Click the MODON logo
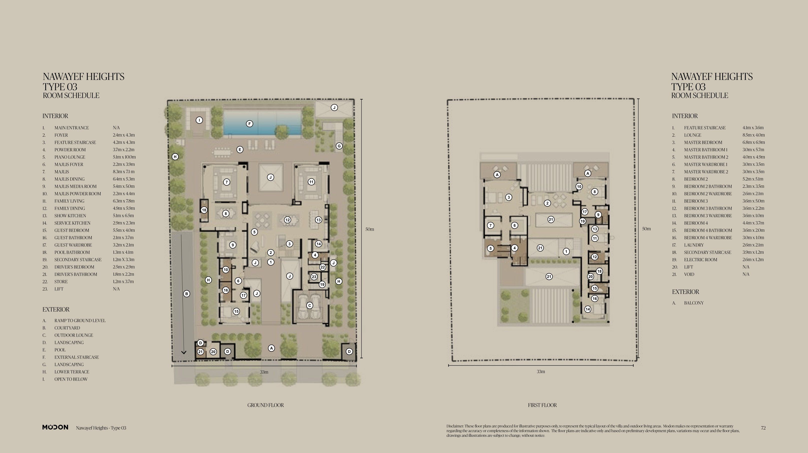pos(55,427)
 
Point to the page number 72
pos(763,428)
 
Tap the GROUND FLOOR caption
pos(265,405)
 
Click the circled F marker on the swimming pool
pos(249,124)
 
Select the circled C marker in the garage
pos(310,305)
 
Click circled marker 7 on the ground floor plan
pos(227,182)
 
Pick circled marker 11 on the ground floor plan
pos(311,182)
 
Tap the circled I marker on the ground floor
pos(199,120)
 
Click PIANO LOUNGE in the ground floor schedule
pos(70,157)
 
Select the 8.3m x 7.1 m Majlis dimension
pos(124,172)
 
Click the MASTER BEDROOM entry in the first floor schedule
pos(703,142)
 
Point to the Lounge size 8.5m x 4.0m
pos(753,135)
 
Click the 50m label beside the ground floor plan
pos(370,229)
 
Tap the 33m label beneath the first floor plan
pos(541,372)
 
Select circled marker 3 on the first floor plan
pos(509,197)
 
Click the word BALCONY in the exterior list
pos(694,303)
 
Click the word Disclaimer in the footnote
pos(455,426)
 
